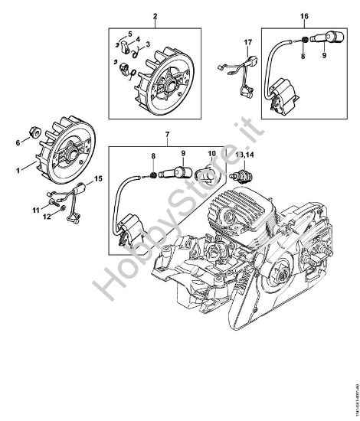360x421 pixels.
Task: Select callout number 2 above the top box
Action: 155,17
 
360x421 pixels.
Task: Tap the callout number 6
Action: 19,142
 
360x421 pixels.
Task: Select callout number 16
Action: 304,16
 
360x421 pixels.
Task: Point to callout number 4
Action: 136,44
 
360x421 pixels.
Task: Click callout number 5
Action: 129,33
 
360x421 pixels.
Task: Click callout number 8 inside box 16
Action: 303,55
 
